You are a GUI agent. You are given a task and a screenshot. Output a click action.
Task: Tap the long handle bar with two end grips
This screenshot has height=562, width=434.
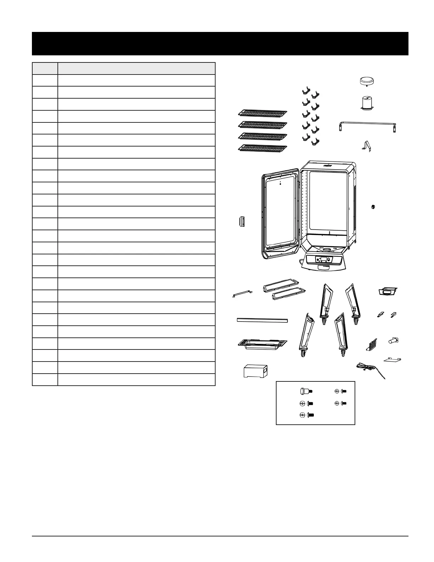pyautogui.click(x=367, y=125)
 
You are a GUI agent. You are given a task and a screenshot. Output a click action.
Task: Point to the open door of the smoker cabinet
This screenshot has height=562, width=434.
pyautogui.click(x=280, y=213)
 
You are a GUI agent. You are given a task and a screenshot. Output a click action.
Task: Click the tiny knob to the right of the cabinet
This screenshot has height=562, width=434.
pyautogui.click(x=373, y=206)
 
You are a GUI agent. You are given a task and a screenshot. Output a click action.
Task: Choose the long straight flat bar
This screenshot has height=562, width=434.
pyautogui.click(x=262, y=320)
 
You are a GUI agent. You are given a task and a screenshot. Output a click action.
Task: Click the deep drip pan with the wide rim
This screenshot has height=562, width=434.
pyautogui.click(x=262, y=345)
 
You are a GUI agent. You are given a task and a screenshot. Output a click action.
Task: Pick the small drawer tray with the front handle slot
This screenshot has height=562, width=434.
pyautogui.click(x=388, y=291)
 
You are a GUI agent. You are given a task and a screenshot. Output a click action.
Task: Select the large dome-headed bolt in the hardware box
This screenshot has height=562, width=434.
pyautogui.click(x=304, y=391)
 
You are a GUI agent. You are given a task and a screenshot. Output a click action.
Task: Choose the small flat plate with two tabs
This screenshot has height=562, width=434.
pyautogui.click(x=393, y=360)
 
